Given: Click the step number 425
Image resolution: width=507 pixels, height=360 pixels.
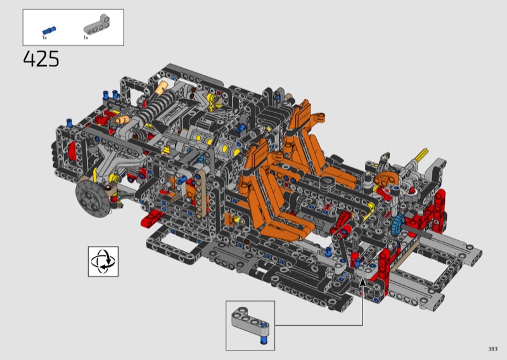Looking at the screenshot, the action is [41, 59].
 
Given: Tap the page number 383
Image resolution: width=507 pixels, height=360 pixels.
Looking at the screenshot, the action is [493, 349].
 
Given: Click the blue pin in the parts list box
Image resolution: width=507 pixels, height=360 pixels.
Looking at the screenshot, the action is [49, 30].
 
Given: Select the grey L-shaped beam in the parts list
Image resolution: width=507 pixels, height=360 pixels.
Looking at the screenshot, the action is [97, 24].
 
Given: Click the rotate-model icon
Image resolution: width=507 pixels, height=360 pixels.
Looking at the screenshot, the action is [103, 261].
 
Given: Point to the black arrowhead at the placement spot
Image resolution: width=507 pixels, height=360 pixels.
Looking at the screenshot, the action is [363, 282].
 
